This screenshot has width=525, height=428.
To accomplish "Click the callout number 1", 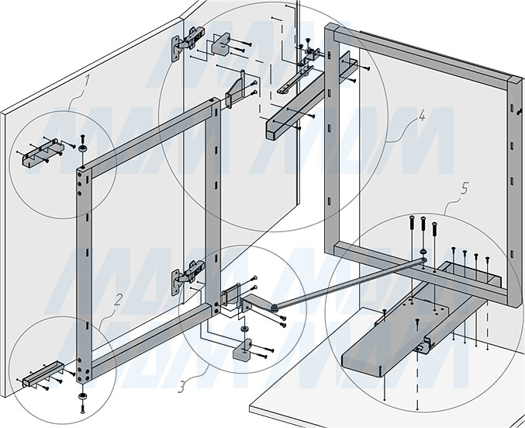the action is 87,81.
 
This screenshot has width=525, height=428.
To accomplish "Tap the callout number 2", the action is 118,300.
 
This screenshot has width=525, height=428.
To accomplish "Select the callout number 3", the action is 181,387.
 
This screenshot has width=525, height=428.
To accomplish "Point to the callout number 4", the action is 422,116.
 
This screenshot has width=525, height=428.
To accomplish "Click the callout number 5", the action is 464,189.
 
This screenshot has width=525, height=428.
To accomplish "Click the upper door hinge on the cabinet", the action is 187,43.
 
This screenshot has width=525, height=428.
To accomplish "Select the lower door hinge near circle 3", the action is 187,277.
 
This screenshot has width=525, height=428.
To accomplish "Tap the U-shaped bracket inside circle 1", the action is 43,153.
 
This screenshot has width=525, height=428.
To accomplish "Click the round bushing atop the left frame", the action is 82,148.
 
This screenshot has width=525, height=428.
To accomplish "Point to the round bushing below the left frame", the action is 82,396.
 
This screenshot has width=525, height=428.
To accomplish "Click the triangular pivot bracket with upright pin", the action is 236,90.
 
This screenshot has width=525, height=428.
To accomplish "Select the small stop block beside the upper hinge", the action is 221,43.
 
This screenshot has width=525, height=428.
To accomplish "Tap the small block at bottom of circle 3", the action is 242,350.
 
